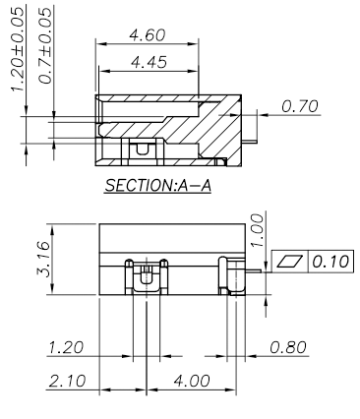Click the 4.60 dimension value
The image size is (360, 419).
pos(148,35)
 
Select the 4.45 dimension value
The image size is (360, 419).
pos(150,62)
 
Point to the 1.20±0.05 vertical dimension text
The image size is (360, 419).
pos(18,49)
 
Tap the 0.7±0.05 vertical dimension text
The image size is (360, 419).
pos(45,46)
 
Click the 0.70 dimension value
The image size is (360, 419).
pos(300,106)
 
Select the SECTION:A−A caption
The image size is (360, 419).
pos(157,186)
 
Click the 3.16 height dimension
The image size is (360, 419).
pos(42,259)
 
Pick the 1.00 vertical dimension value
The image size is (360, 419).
pos(257,230)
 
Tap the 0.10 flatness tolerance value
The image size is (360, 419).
pos(330,262)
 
